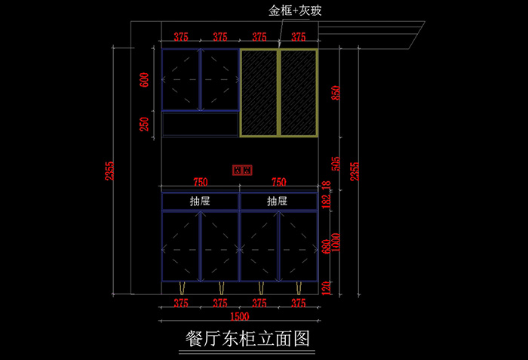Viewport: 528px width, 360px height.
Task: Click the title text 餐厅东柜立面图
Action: [x=247, y=338]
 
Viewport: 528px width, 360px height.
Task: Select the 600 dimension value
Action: [x=145, y=80]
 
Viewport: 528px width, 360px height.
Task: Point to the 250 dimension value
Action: [x=145, y=124]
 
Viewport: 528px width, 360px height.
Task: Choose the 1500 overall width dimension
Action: [x=239, y=316]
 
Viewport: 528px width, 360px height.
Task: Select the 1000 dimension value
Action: [x=336, y=243]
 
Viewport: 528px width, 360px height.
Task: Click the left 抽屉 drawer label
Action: [x=200, y=202]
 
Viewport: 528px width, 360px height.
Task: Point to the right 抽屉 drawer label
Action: [x=278, y=202]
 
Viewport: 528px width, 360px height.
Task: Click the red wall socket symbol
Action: [x=242, y=170]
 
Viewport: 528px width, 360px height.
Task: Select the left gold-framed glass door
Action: [x=259, y=92]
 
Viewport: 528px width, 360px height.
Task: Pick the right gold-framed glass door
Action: [x=298, y=92]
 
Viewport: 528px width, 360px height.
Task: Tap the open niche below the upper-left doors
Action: [x=200, y=125]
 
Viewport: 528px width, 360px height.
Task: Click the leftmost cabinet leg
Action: [x=181, y=289]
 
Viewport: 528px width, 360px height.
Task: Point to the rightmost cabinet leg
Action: [x=299, y=289]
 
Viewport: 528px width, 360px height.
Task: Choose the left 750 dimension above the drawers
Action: [x=201, y=182]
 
